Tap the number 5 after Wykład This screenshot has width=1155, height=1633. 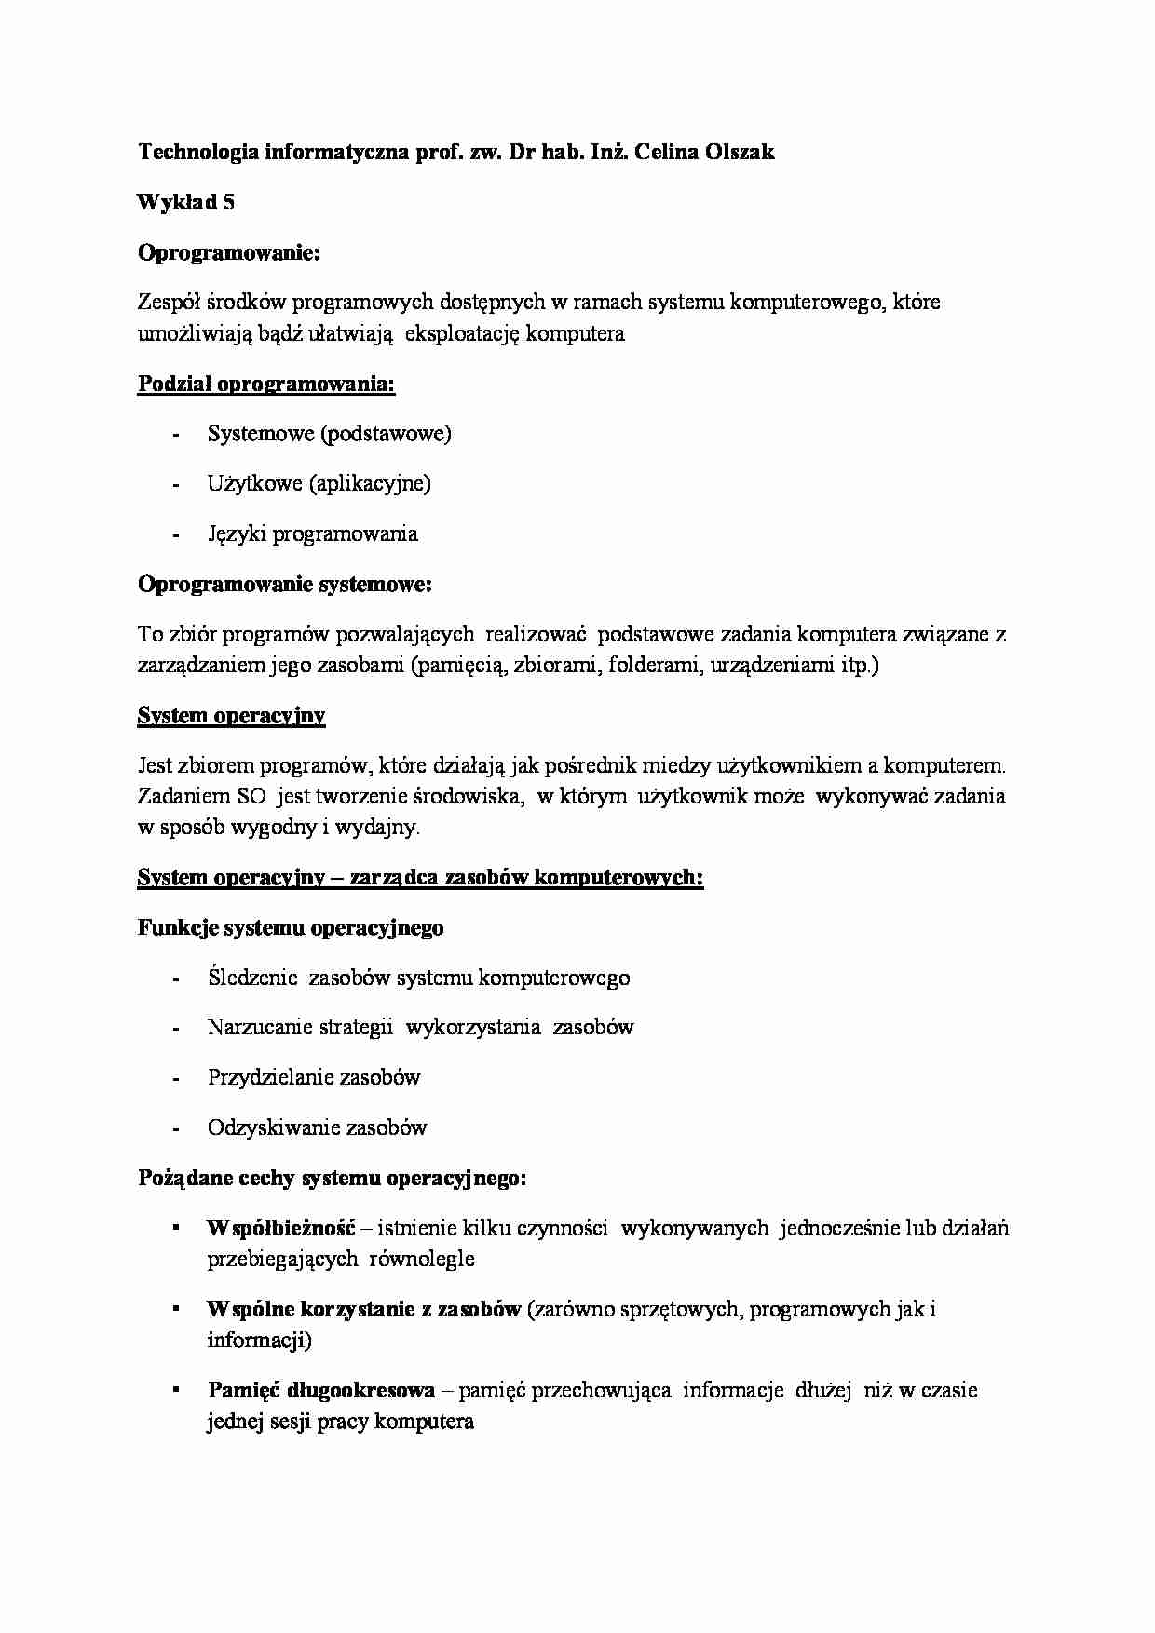coord(228,202)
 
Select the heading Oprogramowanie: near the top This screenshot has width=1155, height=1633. coord(228,252)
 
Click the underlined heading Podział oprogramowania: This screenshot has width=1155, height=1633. coord(266,384)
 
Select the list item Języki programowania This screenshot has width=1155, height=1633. coord(312,533)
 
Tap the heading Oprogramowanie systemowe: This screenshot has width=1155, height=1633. coord(284,584)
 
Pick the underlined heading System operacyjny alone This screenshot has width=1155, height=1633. coord(231,715)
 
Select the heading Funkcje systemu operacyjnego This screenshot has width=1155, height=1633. coord(291,927)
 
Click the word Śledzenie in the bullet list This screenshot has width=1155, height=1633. coord(252,978)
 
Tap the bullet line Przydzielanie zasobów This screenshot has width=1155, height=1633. coord(314,1077)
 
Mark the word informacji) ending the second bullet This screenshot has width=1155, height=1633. coord(259,1340)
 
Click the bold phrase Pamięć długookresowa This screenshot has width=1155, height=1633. coord(321,1390)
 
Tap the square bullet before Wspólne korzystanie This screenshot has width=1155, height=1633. coord(175,1308)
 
